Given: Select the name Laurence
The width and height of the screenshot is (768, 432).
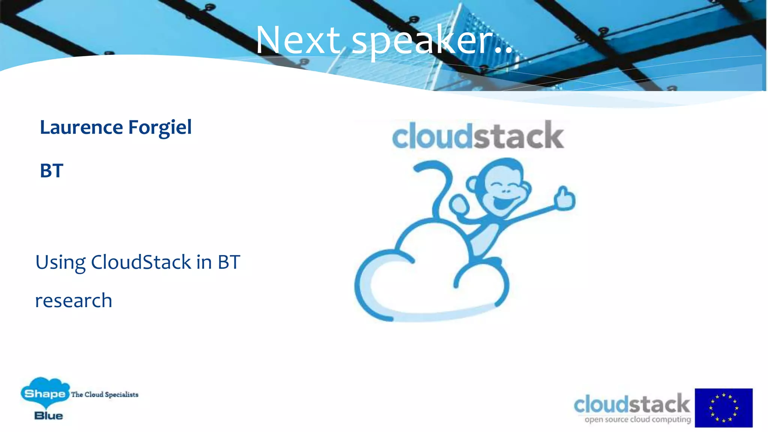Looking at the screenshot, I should tap(81, 127).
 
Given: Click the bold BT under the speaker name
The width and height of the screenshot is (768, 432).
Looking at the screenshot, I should tap(51, 171).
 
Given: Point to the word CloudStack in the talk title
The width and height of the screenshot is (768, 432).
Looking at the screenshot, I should tap(141, 262).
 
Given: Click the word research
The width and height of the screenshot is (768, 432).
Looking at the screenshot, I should tap(73, 301).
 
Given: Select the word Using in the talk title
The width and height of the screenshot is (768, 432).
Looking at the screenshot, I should tap(60, 263).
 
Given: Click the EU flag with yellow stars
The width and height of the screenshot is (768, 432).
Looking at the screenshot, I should tap(723, 408).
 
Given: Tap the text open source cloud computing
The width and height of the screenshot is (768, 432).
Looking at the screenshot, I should tap(637, 420).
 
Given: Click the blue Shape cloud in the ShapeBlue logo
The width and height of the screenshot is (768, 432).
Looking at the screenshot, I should tap(45, 392).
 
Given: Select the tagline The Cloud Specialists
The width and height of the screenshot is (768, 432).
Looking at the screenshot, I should tap(105, 394).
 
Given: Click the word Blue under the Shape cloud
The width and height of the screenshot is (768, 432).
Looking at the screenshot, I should tap(48, 416).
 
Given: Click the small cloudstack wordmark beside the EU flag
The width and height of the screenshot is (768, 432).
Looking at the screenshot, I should tap(631, 404).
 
